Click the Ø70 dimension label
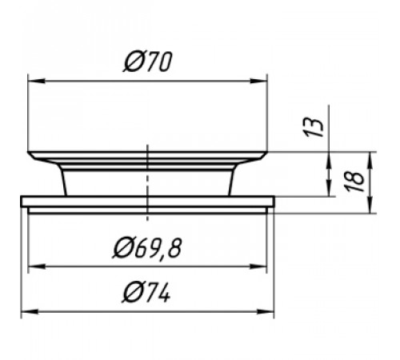click(147, 62)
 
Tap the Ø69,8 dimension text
click(147, 248)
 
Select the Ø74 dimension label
click(146, 293)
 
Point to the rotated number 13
click(314, 126)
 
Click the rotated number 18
click(354, 182)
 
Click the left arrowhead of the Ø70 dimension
click(37, 81)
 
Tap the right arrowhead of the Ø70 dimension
click(258, 81)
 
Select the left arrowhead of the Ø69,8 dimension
click(37, 266)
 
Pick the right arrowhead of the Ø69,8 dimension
click(258, 266)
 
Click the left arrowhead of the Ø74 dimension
click(30, 311)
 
